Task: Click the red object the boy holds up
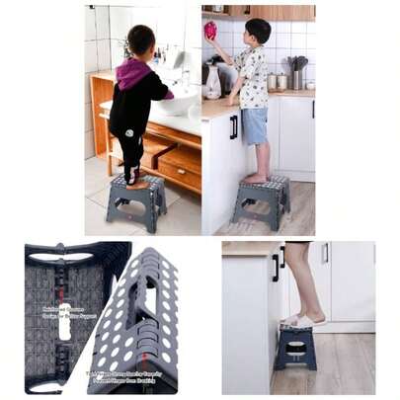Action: click(210, 31)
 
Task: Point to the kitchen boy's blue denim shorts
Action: click(256, 125)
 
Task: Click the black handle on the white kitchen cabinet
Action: click(233, 126)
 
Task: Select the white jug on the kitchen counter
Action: click(212, 84)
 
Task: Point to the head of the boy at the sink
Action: click(139, 42)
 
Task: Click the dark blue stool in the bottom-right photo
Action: click(296, 346)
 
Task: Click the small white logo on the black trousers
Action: click(127, 131)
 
